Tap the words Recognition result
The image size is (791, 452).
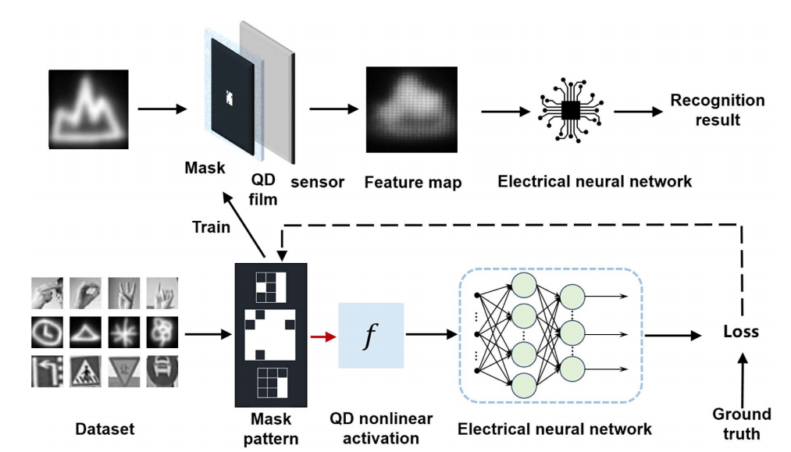pyautogui.click(x=717, y=111)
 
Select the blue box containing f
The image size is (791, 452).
pyautogui.click(x=371, y=336)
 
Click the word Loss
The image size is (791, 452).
pyautogui.click(x=739, y=332)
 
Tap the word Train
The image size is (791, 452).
pyautogui.click(x=211, y=227)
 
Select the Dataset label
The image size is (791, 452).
pyautogui.click(x=105, y=429)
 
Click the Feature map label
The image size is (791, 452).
pyautogui.click(x=413, y=183)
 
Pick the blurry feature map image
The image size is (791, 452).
pyautogui.click(x=412, y=110)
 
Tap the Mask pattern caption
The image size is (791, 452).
pyautogui.click(x=270, y=429)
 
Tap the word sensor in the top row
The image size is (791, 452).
pyautogui.click(x=317, y=182)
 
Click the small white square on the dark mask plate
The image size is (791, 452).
pyautogui.click(x=229, y=97)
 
